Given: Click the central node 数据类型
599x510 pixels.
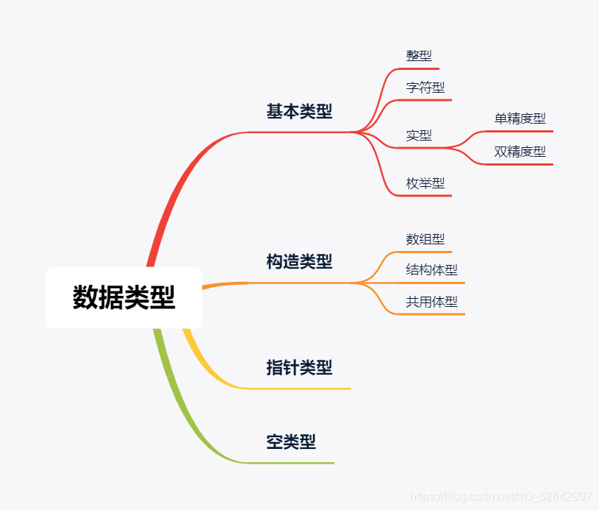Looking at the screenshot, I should coord(123,297).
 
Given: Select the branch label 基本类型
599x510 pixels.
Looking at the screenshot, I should coord(299,112).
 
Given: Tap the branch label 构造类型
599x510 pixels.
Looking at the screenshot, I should coord(299,261).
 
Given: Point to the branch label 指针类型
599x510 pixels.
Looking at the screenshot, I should coord(299,367).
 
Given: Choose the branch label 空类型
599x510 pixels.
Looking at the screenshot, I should coord(291,442).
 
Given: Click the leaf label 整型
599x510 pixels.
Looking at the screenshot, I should coord(419,56).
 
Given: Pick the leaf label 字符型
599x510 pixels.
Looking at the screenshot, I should coord(426,88).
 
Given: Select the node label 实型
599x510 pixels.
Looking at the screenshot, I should coord(419,135).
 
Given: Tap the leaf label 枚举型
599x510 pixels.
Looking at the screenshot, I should coord(426,183).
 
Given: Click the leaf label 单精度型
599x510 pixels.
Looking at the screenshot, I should coord(520,118).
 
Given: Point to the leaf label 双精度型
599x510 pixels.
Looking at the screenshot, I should coord(520,152).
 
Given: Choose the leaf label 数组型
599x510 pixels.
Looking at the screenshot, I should coord(426,239).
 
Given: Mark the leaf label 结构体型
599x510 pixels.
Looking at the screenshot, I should coord(431,270).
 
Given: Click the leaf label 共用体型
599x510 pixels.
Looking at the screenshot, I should coord(431,302).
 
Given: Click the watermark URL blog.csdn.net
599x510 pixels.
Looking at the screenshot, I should coord(501,497).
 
